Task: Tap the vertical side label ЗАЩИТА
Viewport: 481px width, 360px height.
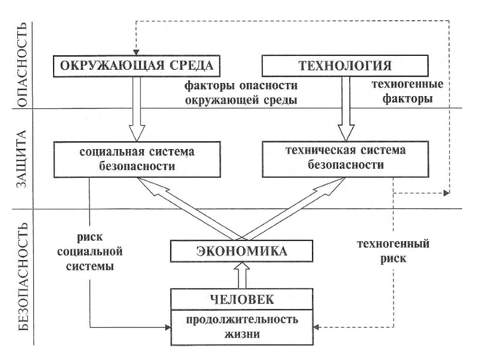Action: coord(22,158)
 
